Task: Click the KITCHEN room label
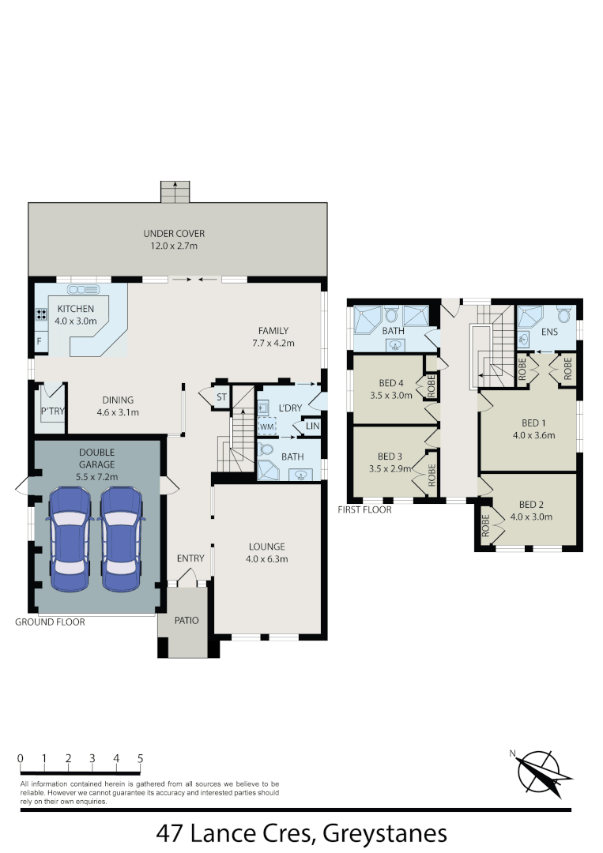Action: (x=75, y=309)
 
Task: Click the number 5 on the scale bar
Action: (x=140, y=759)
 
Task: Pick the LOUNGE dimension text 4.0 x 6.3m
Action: (x=266, y=559)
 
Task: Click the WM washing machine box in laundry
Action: (x=266, y=426)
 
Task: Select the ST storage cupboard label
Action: (x=221, y=396)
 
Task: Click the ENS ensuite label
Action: (x=549, y=333)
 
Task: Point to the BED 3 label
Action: (x=390, y=457)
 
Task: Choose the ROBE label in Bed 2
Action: (x=485, y=524)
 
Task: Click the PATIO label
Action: (x=187, y=620)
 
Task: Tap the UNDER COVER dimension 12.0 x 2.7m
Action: (x=174, y=246)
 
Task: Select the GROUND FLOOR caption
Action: (x=50, y=622)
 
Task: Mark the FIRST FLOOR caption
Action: (x=364, y=509)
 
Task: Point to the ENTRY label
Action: (x=190, y=558)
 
